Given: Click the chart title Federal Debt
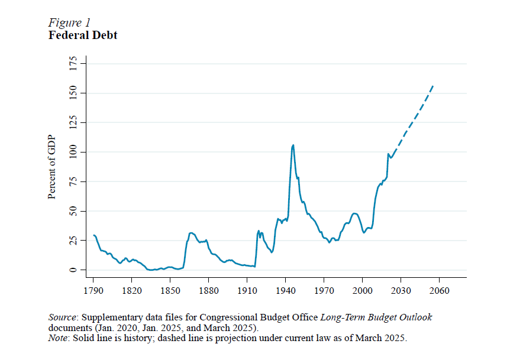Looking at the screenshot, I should click(82, 35).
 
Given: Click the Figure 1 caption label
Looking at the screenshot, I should click(69, 22).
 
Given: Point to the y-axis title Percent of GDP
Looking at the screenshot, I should click(52, 167).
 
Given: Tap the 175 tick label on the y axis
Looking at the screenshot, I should click(73, 64).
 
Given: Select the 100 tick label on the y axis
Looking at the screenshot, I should click(73, 152).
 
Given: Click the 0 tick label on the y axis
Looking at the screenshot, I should click(73, 270).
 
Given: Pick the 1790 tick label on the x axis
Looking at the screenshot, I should click(93, 291).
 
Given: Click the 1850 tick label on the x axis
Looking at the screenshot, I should click(170, 291).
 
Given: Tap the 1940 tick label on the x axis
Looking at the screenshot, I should click(285, 291).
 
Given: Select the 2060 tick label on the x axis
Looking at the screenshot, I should click(439, 291).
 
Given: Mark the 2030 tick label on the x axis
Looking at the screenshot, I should click(401, 291).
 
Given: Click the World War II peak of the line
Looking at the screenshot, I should click(293, 145).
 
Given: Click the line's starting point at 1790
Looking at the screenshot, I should click(93, 235).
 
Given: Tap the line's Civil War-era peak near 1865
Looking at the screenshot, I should click(191, 233).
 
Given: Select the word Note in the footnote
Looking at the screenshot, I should click(58, 338).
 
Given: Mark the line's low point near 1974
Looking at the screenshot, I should click(330, 242).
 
